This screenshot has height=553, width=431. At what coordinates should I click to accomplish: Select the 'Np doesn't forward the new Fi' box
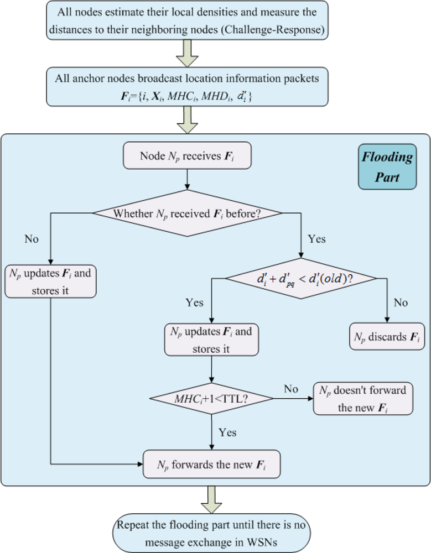[363, 399]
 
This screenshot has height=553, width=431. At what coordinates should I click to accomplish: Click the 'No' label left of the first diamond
[32, 239]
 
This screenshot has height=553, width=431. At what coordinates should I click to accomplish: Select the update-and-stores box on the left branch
[51, 281]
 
